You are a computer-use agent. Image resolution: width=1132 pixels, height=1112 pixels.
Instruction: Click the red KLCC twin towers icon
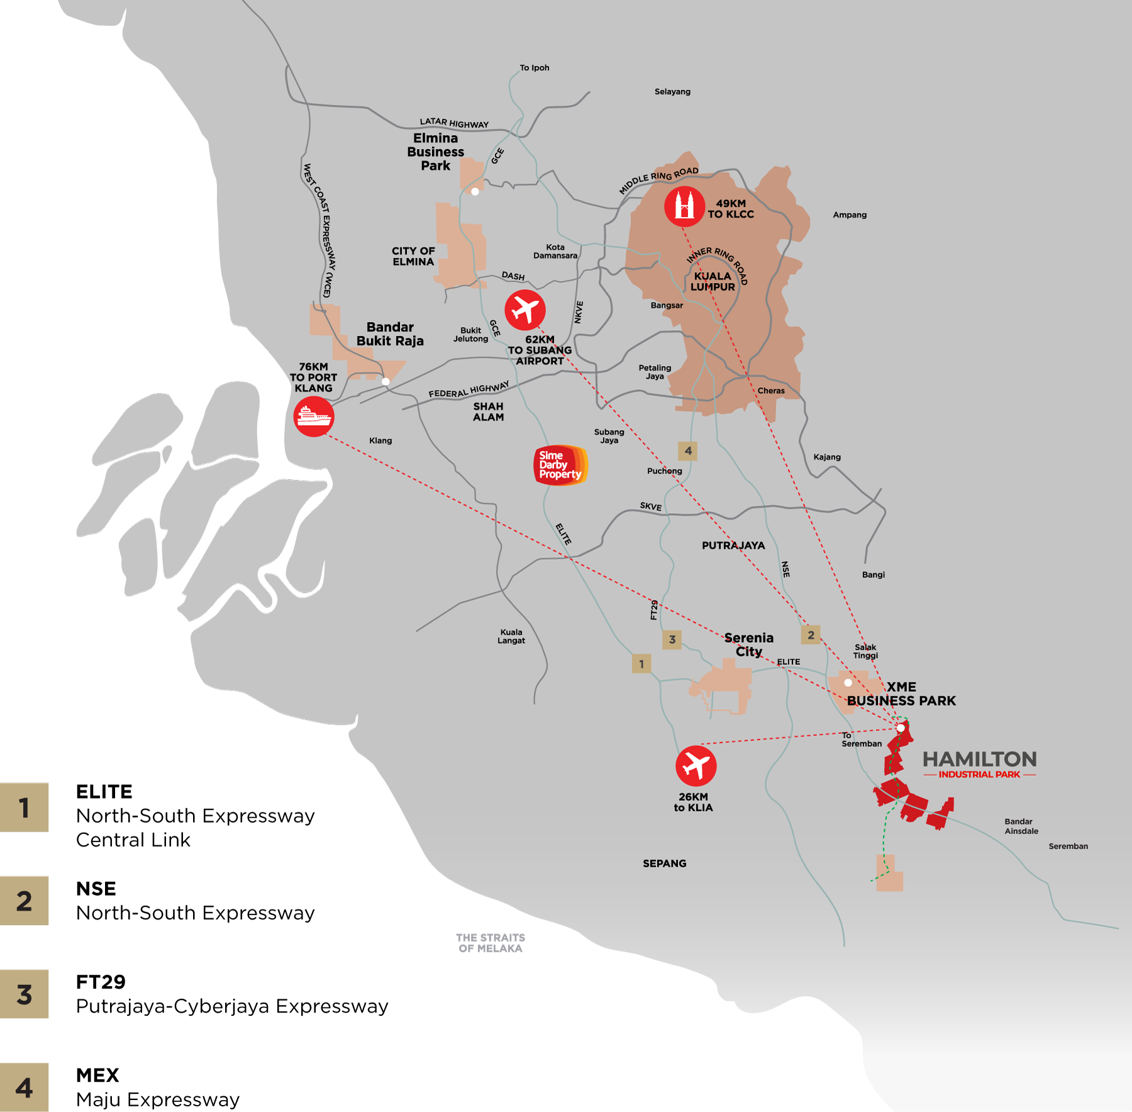pyautogui.click(x=684, y=206)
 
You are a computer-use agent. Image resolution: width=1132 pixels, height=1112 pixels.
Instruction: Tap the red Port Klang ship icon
pyautogui.click(x=313, y=416)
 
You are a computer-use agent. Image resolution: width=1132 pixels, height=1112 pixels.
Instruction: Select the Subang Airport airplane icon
pyautogui.click(x=525, y=309)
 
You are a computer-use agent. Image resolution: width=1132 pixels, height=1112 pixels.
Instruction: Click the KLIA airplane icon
pyautogui.click(x=696, y=765)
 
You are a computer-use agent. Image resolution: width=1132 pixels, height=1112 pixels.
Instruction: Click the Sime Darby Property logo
pyautogui.click(x=560, y=465)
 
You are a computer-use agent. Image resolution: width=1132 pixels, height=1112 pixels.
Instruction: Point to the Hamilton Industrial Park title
pyautogui.click(x=979, y=764)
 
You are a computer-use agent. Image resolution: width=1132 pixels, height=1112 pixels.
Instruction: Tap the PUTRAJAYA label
pyautogui.click(x=733, y=545)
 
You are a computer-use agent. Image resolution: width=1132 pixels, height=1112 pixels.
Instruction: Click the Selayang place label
pyautogui.click(x=672, y=92)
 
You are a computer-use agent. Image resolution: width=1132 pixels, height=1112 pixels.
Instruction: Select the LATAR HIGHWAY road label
pyautogui.click(x=454, y=123)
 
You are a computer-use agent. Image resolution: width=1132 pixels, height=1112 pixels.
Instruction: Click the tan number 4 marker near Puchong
pyautogui.click(x=687, y=450)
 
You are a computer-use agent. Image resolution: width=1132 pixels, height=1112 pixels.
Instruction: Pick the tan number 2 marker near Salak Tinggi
pyautogui.click(x=811, y=635)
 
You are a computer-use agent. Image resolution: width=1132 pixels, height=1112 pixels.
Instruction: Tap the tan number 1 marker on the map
pyautogui.click(x=641, y=663)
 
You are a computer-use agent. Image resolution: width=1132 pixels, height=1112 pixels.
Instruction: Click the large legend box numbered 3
pyautogui.click(x=24, y=994)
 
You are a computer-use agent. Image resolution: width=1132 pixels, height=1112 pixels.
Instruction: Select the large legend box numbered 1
pyautogui.click(x=24, y=808)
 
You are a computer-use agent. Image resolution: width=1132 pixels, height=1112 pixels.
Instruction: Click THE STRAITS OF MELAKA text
pyautogui.click(x=491, y=943)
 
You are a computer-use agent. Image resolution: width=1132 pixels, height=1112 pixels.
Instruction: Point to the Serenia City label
pyautogui.click(x=748, y=645)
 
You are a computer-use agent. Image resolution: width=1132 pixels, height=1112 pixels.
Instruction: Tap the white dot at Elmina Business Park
pyautogui.click(x=475, y=192)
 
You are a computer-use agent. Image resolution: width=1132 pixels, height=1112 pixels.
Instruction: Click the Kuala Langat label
pyautogui.click(x=511, y=636)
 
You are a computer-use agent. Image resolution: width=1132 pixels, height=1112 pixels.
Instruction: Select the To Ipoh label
pyautogui.click(x=534, y=68)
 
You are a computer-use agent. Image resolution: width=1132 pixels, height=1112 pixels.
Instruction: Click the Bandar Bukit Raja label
pyautogui.click(x=390, y=334)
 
